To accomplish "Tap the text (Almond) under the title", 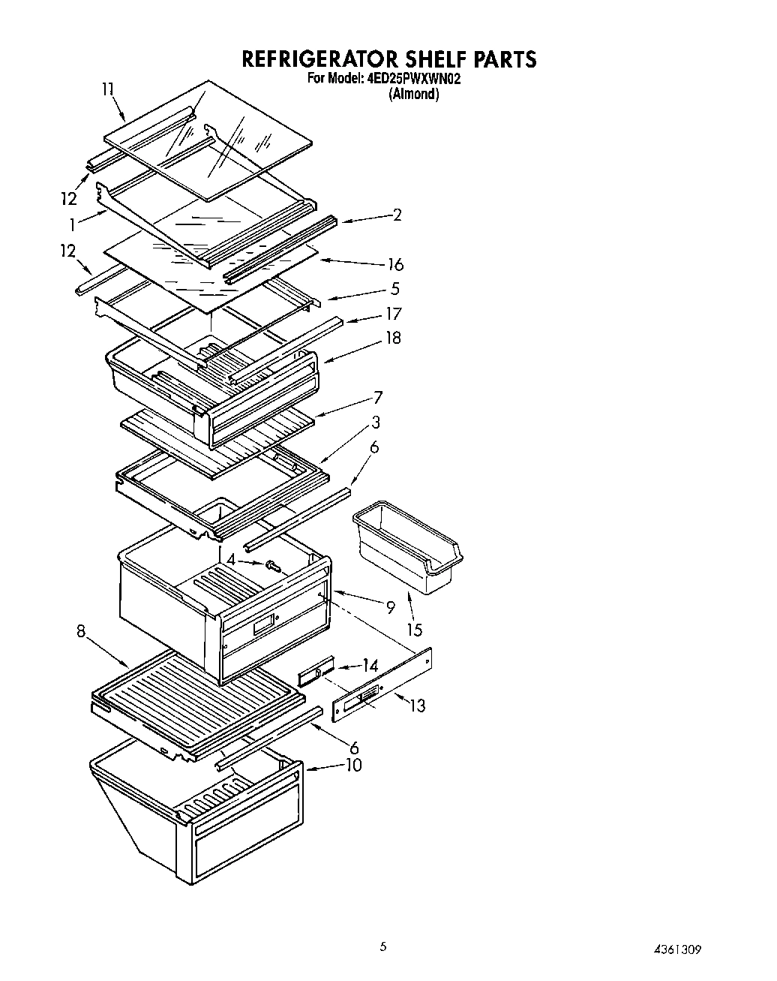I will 413,95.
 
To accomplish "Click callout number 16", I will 395,264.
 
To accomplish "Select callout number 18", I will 393,339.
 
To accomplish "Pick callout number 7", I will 378,398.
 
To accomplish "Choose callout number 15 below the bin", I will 414,630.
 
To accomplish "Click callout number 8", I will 81,631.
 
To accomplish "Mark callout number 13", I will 417,706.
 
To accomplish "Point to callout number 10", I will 352,765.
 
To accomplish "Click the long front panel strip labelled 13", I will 382,687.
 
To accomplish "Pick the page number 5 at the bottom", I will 383,947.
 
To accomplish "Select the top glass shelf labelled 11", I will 210,139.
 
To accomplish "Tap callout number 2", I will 397,215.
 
